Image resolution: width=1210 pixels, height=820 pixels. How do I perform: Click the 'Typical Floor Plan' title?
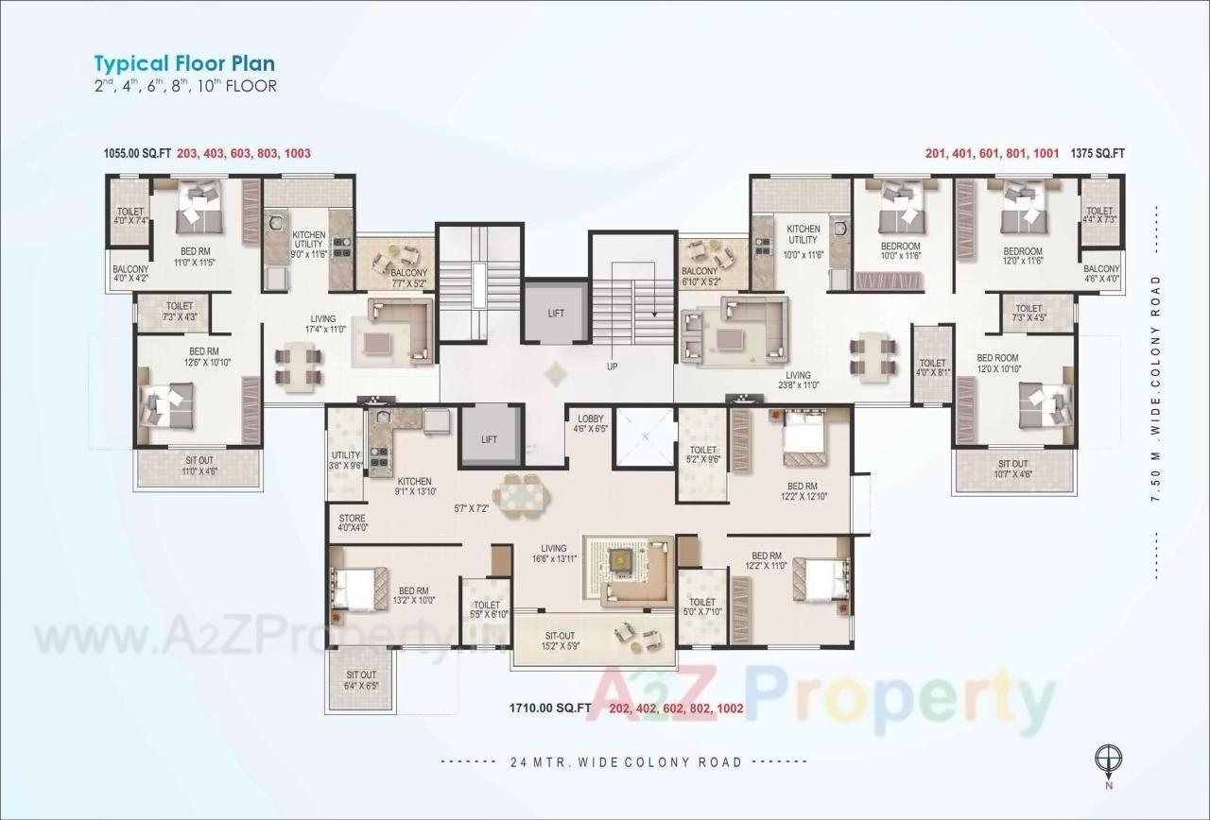click(x=184, y=64)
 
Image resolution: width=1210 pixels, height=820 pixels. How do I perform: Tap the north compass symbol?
click(x=1107, y=760)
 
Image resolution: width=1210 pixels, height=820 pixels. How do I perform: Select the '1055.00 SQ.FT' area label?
click(x=137, y=153)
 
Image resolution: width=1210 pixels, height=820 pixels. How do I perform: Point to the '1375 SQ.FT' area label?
click(x=1098, y=153)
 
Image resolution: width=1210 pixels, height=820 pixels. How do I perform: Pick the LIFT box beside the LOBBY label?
click(x=489, y=438)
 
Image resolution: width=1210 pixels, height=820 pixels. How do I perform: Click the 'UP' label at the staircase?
click(x=612, y=367)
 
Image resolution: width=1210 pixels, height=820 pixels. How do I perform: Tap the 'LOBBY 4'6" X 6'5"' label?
click(x=591, y=423)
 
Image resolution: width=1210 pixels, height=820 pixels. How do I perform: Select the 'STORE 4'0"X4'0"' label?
click(x=352, y=522)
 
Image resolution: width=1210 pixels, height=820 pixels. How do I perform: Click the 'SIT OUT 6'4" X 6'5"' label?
click(x=360, y=680)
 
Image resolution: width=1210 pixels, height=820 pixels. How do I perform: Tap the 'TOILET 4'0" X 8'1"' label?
click(x=932, y=367)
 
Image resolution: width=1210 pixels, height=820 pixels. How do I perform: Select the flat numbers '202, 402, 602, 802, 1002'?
click(x=676, y=708)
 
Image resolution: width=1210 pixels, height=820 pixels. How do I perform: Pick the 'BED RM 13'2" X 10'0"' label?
click(x=413, y=594)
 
